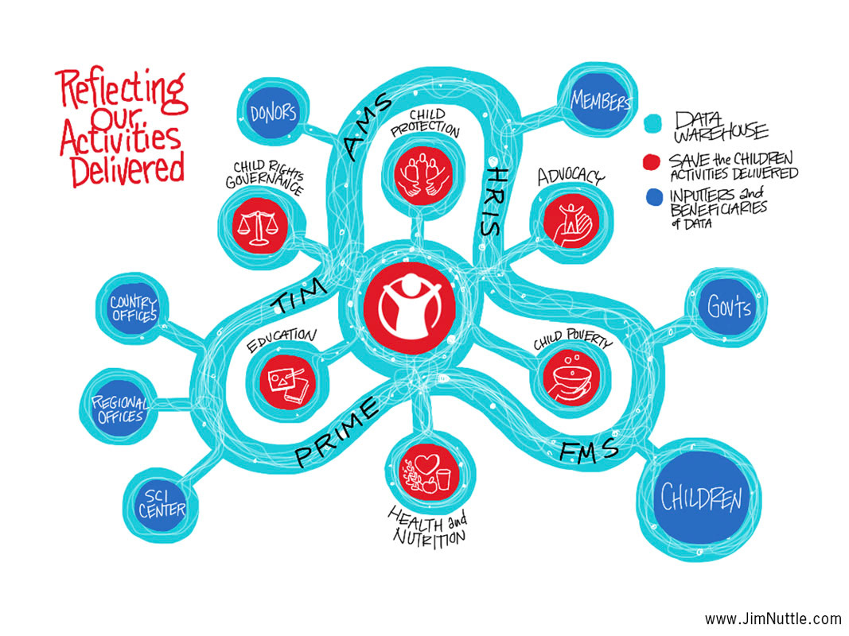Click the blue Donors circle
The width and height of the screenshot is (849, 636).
click(x=272, y=114)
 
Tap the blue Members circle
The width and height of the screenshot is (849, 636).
click(x=600, y=101)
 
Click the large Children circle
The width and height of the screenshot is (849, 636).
click(x=701, y=498)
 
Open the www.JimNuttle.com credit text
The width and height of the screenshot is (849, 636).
click(x=772, y=619)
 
